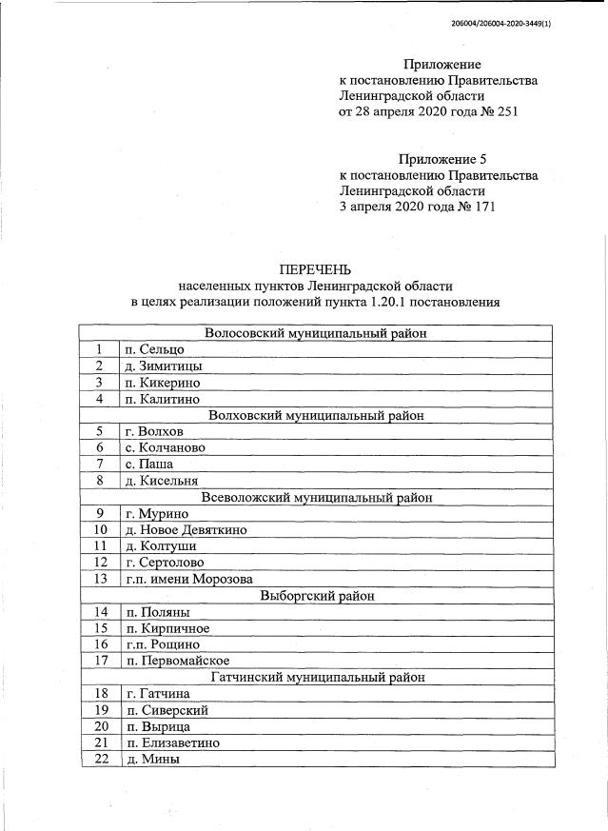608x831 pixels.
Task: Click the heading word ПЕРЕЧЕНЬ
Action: click(x=315, y=269)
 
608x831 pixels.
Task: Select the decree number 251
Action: click(x=505, y=112)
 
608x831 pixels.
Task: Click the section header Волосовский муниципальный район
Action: click(x=316, y=333)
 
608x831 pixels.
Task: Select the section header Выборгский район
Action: click(x=316, y=596)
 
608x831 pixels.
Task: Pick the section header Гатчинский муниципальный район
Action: click(x=316, y=678)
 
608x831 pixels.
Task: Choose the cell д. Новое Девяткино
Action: click(x=186, y=530)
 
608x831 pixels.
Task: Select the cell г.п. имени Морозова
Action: click(x=188, y=579)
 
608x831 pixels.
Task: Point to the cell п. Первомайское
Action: click(x=177, y=661)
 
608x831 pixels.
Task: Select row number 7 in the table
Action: click(x=99, y=465)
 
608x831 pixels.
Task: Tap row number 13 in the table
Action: click(x=99, y=579)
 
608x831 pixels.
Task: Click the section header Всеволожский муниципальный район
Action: click(x=316, y=498)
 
